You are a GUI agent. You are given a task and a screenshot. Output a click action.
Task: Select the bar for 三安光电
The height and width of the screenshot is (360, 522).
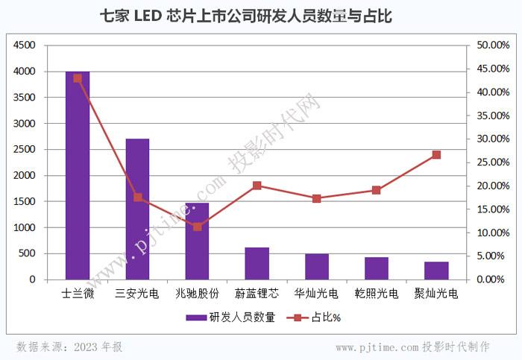pos(137,209)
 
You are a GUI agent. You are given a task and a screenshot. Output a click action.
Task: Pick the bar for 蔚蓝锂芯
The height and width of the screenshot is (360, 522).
pos(257,264)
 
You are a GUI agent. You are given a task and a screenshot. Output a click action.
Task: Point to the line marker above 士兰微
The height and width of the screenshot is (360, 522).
pos(78,78)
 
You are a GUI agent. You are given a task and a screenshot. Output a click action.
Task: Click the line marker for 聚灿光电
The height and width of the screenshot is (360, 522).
pos(436,155)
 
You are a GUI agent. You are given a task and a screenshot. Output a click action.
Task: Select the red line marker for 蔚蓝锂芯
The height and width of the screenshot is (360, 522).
pos(257,186)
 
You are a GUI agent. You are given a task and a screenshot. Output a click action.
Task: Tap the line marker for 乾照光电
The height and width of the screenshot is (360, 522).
pos(377,190)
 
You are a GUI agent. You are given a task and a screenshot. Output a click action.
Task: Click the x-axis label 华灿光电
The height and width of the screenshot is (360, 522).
pos(316,294)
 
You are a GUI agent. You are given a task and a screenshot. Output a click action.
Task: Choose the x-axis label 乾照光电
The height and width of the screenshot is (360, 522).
pos(377,294)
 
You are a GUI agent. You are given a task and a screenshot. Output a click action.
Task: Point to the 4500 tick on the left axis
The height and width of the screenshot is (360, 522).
pos(25,45)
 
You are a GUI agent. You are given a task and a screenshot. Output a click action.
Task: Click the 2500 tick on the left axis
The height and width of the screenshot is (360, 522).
pos(25,150)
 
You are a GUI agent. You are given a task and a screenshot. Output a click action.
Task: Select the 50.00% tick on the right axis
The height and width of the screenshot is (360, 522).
pos(493,45)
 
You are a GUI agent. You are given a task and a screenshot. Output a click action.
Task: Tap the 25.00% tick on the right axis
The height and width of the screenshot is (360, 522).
pos(493,162)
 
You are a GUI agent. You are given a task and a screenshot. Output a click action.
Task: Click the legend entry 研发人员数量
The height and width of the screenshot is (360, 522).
pos(230,318)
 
